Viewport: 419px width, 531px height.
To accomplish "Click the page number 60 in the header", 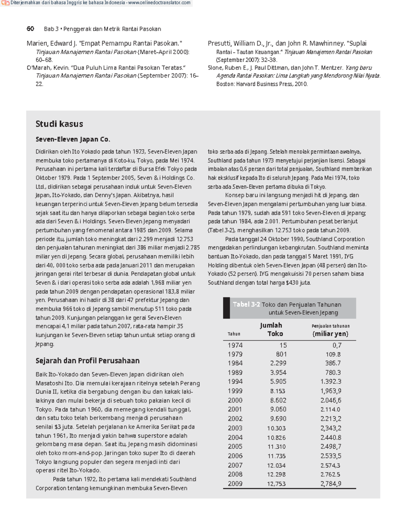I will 30,29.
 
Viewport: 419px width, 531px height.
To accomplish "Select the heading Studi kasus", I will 59,124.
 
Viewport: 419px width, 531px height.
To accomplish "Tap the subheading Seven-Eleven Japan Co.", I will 73,139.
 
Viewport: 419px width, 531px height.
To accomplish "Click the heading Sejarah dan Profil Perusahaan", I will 87,361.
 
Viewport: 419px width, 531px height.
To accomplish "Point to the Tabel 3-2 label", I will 246,304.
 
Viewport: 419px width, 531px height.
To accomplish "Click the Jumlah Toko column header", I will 271,329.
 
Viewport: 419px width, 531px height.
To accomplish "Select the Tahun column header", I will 234,334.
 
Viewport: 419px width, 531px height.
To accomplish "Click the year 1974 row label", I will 235,345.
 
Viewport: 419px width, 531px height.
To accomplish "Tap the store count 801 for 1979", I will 281,354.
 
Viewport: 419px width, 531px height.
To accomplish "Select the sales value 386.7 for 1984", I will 333,363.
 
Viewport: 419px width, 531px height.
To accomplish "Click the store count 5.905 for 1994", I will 278,382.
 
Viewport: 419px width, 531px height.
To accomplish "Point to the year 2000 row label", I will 235,400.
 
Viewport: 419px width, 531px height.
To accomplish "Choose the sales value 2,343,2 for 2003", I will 331,428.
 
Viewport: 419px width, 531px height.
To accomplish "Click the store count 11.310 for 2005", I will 277,446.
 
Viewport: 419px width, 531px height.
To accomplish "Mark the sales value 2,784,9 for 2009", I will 331,484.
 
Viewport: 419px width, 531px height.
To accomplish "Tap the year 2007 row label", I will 235,465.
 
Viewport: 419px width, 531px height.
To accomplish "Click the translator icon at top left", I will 5,3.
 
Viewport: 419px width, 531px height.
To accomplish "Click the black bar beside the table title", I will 226,308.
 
